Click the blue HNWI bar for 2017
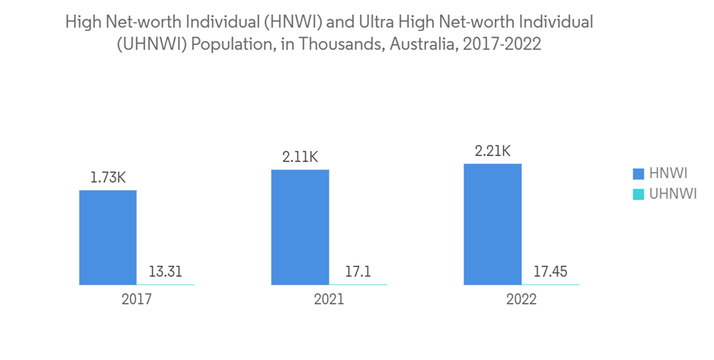107,237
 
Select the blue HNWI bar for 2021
300,227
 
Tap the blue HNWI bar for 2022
493,224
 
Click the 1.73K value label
108,177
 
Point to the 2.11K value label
301,156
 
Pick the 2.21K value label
493,151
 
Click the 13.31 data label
166,271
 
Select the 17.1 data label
358,271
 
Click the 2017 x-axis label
136,300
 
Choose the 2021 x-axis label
329,300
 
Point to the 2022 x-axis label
522,300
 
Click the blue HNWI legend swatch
638,174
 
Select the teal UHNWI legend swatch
638,193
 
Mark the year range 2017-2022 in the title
502,44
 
